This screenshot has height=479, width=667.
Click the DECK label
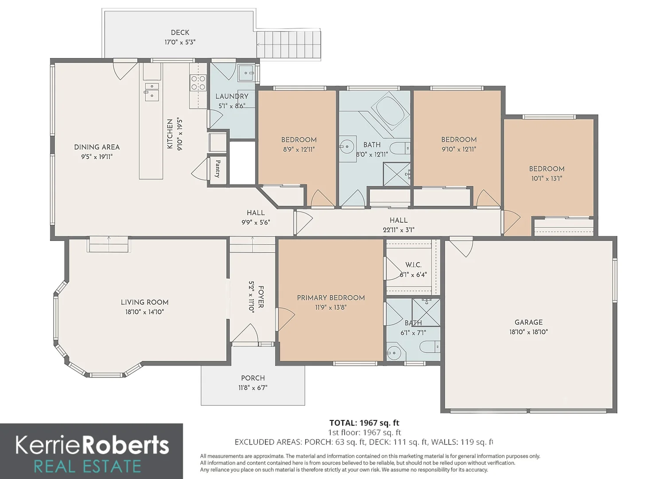(x=180, y=32)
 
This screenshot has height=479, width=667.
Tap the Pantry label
(x=218, y=169)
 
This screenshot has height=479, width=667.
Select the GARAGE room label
(x=528, y=322)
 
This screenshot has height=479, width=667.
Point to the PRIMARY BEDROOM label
(x=331, y=298)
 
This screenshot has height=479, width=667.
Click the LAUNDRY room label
(x=232, y=96)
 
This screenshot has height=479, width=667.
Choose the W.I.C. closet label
(x=413, y=265)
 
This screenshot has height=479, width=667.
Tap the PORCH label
(x=253, y=378)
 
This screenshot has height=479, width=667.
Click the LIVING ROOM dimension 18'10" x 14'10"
(x=145, y=312)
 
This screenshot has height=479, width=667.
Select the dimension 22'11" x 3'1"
(x=399, y=230)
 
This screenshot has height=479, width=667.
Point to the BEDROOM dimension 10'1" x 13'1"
(x=547, y=178)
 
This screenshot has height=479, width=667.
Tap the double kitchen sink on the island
(x=152, y=92)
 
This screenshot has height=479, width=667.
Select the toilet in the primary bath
(x=430, y=347)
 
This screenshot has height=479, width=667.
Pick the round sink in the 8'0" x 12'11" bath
(x=347, y=146)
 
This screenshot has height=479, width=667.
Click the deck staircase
(x=288, y=45)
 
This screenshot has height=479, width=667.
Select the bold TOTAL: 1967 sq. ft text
(x=364, y=423)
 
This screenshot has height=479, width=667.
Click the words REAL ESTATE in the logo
(x=88, y=467)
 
